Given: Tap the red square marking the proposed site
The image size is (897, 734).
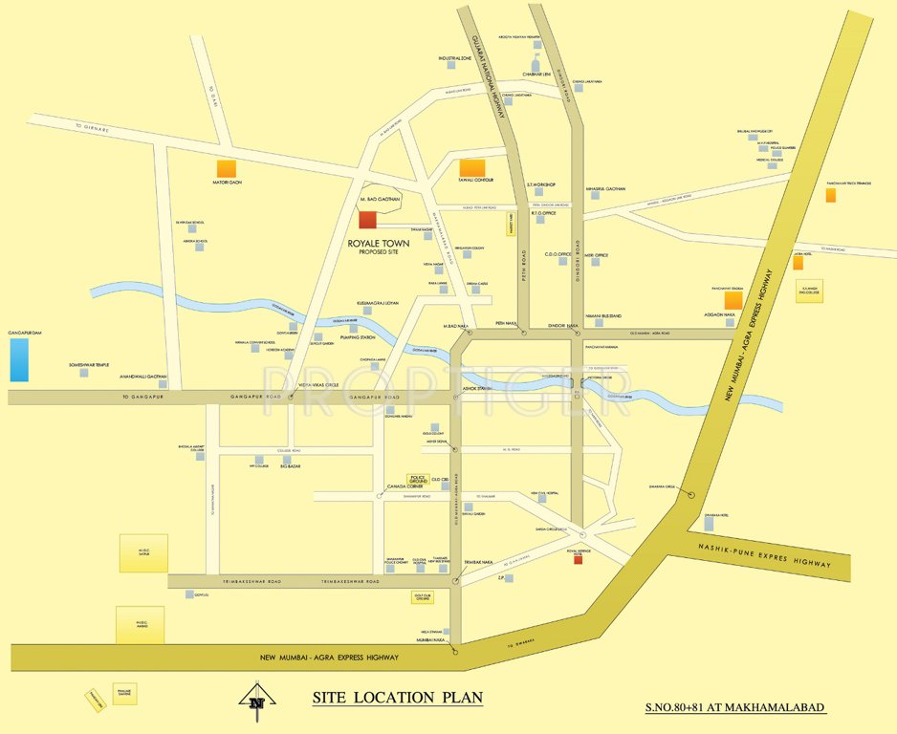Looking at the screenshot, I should tap(368, 220).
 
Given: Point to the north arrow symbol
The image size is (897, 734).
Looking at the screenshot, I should tap(253, 700).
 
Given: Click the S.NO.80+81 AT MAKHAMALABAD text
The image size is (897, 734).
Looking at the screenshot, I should tap(735, 708).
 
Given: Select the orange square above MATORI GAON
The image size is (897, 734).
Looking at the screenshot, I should tap(227, 169).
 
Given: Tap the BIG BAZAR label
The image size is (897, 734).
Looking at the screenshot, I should tap(291, 467).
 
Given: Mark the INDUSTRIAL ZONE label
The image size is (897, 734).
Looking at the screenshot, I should tap(455, 58).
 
